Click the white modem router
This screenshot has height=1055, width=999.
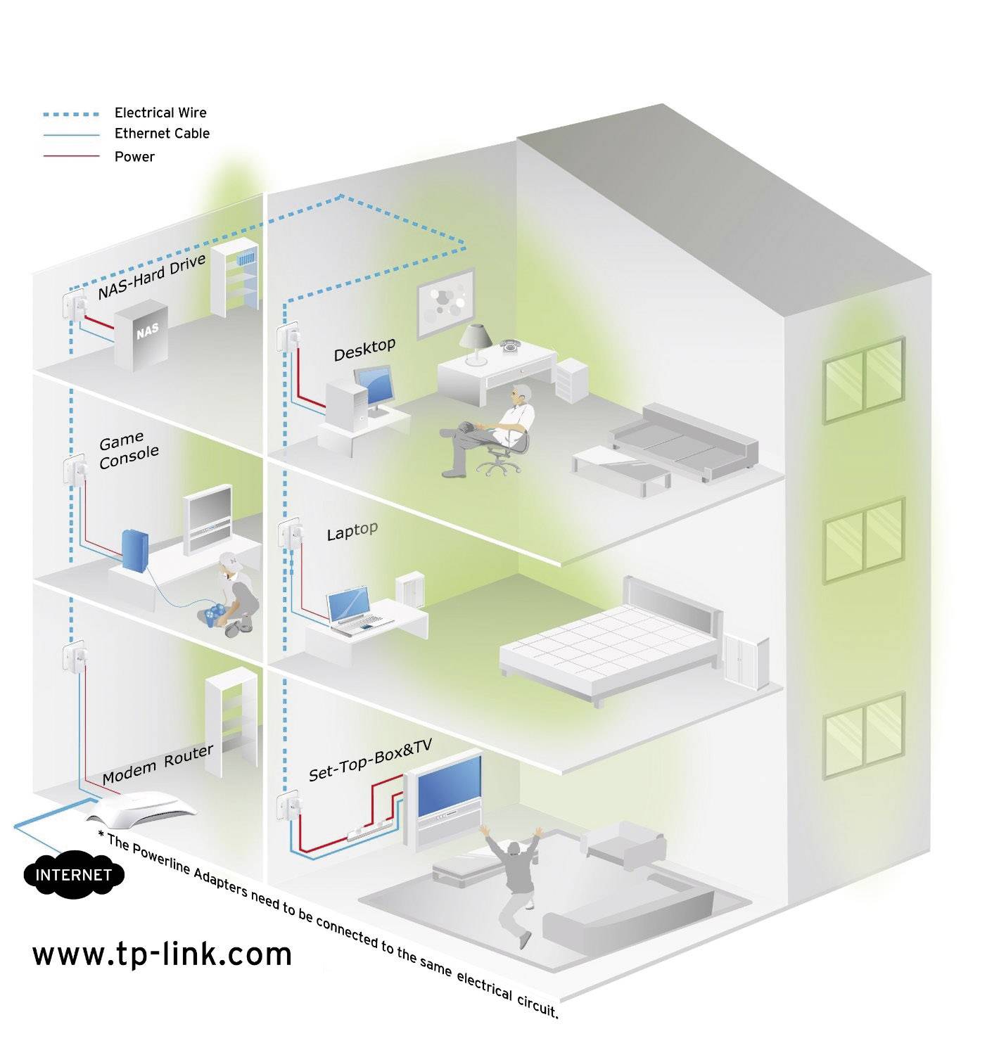(x=141, y=810)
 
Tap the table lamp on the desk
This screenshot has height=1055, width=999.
(x=476, y=344)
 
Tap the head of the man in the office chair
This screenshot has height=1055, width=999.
(x=523, y=394)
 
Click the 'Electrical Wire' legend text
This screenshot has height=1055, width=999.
(x=160, y=113)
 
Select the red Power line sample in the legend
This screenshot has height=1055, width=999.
(x=71, y=156)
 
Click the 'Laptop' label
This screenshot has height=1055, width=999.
(x=352, y=531)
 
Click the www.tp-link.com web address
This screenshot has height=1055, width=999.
(x=162, y=954)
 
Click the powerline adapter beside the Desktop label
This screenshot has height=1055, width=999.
(x=287, y=337)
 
